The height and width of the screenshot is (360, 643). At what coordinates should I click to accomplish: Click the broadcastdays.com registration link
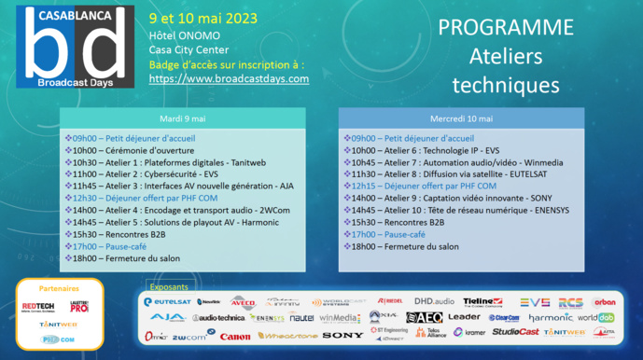click(229, 79)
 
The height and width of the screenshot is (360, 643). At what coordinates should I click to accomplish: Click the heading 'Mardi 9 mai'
click(183, 118)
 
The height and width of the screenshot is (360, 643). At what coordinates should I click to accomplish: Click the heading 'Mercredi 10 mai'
click(462, 118)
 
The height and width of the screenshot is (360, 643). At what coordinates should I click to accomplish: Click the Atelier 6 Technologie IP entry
click(426, 149)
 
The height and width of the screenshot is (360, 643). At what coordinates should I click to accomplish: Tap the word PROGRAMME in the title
click(505, 26)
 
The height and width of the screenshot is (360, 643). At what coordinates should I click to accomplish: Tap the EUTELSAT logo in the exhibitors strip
click(168, 302)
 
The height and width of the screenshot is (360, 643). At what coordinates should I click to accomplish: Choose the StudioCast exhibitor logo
click(514, 332)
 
